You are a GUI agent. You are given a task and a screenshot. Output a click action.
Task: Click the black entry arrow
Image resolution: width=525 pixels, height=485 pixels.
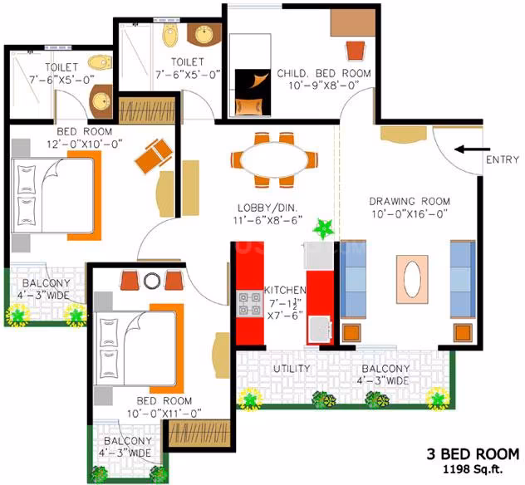pyautogui.click(x=473, y=149)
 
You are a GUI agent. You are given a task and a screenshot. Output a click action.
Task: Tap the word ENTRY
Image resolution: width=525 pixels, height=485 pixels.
pyautogui.click(x=503, y=159)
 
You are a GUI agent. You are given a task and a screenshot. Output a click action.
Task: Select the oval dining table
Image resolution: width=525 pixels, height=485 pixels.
pyautogui.click(x=274, y=159)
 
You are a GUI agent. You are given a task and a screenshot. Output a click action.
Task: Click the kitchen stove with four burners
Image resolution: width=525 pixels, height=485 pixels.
pyautogui.click(x=250, y=304)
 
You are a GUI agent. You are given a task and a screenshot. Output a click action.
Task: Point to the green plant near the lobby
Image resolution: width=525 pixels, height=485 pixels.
pyautogui.click(x=323, y=228)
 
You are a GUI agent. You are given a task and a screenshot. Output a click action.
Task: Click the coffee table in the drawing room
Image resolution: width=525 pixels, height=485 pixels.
pyautogui.click(x=412, y=279)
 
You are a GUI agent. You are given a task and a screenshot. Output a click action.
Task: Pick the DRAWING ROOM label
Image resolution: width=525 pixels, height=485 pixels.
pyautogui.click(x=410, y=201)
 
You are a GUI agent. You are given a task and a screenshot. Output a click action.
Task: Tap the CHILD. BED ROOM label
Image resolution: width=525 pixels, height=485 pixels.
pyautogui.click(x=324, y=73)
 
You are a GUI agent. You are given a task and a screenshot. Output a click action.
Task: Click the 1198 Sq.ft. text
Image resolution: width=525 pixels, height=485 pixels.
pyautogui.click(x=473, y=469)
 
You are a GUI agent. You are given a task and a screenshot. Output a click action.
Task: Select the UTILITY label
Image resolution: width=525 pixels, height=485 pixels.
pyautogui.click(x=292, y=369)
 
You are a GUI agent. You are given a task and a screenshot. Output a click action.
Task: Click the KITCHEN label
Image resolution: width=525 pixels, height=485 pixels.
pyautogui.click(x=285, y=290)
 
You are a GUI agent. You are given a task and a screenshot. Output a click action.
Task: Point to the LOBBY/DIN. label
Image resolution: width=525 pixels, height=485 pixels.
pyautogui.click(x=267, y=208)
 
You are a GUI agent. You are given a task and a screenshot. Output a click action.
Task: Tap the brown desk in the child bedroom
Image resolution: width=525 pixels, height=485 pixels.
pyautogui.click(x=353, y=22)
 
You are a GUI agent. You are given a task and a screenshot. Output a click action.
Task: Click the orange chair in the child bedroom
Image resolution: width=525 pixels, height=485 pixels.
pyautogui.click(x=356, y=51)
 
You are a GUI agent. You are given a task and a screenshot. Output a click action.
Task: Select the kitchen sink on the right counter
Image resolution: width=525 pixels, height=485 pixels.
pyautogui.click(x=321, y=330)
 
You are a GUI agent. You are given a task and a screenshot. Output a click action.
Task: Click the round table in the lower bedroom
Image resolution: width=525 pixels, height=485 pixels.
pyautogui.click(x=152, y=281)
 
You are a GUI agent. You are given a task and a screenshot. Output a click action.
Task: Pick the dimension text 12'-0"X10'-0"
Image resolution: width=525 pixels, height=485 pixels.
pyautogui.click(x=85, y=145)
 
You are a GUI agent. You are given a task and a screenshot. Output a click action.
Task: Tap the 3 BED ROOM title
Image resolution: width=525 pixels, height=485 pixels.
pyautogui.click(x=473, y=454)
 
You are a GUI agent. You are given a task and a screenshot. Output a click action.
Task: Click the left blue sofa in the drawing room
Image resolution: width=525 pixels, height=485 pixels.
pyautogui.click(x=353, y=279)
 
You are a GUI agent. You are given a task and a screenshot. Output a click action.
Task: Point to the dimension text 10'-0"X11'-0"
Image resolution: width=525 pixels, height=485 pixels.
pyautogui.click(x=164, y=414)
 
